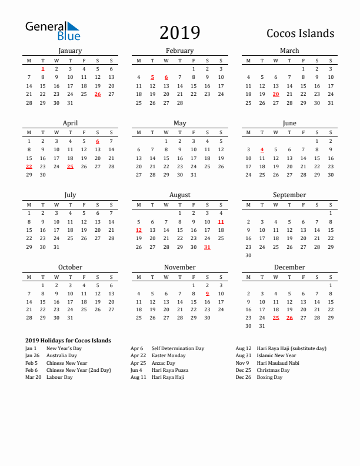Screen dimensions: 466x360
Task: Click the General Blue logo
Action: click(x=52, y=31)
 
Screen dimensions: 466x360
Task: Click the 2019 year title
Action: click(x=179, y=33)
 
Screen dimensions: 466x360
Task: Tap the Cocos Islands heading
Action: click(x=300, y=34)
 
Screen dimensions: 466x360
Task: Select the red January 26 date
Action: click(x=98, y=94)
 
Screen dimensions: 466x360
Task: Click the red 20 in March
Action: click(x=276, y=94)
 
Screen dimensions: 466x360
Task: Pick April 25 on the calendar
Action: click(x=70, y=167)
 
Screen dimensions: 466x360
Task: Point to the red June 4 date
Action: click(x=262, y=149)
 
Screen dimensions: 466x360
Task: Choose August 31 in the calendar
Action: click(x=207, y=247)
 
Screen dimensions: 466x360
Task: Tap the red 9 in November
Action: click(x=207, y=294)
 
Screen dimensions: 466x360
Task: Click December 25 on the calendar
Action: click(x=276, y=318)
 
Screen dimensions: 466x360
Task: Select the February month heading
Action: click(x=179, y=51)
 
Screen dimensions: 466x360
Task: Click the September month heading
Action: click(x=289, y=195)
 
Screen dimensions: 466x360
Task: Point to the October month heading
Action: click(x=70, y=267)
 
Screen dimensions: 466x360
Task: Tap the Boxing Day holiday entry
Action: click(x=269, y=377)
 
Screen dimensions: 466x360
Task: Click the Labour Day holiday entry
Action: click(x=59, y=377)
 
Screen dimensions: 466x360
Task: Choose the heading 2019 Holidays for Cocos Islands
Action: click(x=68, y=341)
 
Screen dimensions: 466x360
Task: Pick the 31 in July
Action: click(x=56, y=247)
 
